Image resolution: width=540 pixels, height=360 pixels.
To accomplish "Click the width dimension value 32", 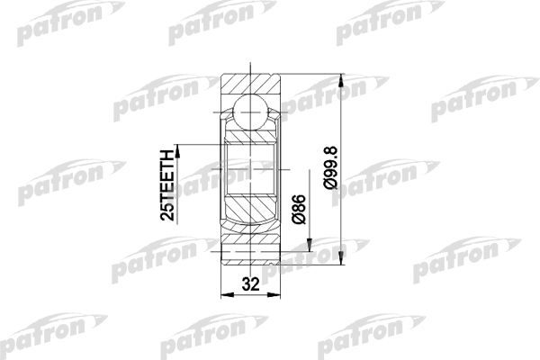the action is pos(250,284).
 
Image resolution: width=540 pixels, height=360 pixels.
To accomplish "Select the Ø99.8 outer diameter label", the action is pos(331,167).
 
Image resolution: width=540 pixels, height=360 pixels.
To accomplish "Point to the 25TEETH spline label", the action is pos(168,185).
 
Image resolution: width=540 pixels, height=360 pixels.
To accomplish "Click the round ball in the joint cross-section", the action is pos(250,112).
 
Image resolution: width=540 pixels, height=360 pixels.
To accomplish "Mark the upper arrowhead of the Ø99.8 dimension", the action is pos(341,80).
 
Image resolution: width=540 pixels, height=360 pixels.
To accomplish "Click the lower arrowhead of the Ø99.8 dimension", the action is pos(341,258).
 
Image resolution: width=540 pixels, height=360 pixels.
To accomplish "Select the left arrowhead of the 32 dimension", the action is pos(228,295).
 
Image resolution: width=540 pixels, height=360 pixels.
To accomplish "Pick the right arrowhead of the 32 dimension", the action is pos(274,295).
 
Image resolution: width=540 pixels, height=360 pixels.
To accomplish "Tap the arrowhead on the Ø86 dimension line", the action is pos(310,245).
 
